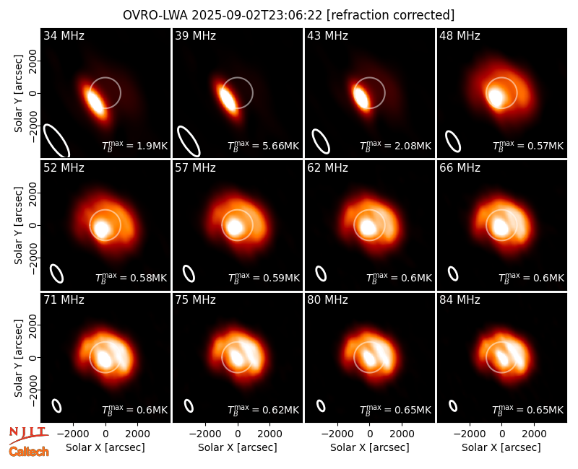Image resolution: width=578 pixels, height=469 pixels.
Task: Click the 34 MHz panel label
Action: [64, 35]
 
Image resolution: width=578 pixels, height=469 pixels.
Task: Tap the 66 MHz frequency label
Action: [460, 168]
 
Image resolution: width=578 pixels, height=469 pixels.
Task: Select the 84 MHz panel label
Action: [460, 300]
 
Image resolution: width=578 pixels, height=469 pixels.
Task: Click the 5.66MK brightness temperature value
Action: [280, 146]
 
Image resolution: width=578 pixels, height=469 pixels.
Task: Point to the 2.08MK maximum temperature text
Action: [413, 146]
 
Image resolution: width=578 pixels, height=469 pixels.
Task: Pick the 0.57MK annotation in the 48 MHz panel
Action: [545, 146]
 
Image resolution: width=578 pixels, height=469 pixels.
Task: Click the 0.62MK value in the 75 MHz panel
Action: [280, 410]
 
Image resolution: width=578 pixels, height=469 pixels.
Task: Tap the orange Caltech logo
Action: [29, 452]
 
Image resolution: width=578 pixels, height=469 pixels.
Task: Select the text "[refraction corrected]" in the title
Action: [391, 15]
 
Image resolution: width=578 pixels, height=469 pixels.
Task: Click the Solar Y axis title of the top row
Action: [18, 94]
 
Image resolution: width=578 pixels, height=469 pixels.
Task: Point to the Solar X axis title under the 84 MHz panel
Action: [501, 447]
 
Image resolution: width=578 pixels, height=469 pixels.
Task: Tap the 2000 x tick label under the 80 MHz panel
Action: [402, 434]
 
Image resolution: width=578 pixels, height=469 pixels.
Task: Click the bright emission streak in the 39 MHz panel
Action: [228, 97]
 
